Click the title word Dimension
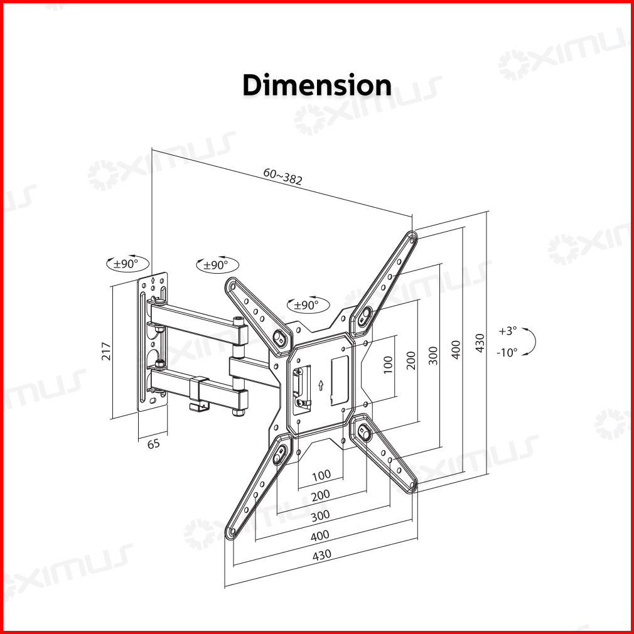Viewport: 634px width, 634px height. [x=317, y=85]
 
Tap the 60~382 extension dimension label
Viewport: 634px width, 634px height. [x=282, y=176]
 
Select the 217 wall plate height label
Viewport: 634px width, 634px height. [x=106, y=352]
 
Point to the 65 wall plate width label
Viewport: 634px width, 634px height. [x=153, y=444]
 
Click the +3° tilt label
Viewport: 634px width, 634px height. [x=508, y=331]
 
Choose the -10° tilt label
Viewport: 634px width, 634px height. [x=507, y=353]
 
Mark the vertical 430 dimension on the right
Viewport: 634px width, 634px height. [x=480, y=343]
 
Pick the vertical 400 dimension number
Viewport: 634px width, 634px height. [x=456, y=350]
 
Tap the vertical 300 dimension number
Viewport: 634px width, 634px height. [x=434, y=356]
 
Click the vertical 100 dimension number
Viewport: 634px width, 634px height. [x=388, y=365]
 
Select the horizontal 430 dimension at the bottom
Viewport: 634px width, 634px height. [x=322, y=555]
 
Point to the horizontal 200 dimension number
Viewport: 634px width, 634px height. [x=321, y=495]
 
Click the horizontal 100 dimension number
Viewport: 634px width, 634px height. [x=321, y=475]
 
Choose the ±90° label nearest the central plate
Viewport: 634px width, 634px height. [x=308, y=305]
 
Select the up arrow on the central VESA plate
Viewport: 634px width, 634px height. [x=321, y=385]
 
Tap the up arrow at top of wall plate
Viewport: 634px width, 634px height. [x=153, y=280]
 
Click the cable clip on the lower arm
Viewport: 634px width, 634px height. [x=198, y=394]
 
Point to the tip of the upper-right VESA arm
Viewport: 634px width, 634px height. [x=412, y=235]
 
